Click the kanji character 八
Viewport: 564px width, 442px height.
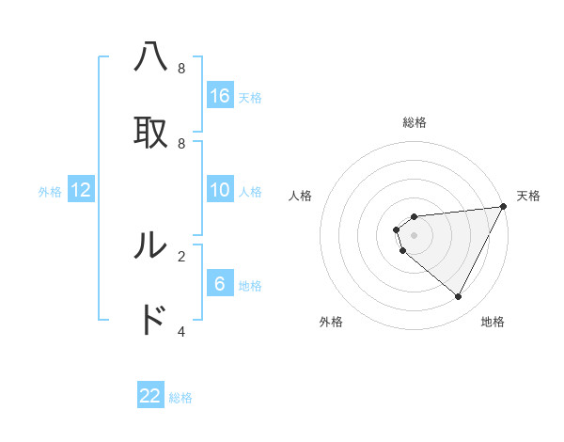tap(150, 58)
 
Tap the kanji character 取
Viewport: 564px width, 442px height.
tap(150, 133)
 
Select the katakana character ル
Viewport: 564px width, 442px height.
tap(150, 246)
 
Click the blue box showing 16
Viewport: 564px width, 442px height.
tap(220, 96)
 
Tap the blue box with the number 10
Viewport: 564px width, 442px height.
tap(220, 190)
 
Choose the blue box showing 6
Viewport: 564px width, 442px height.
tap(220, 284)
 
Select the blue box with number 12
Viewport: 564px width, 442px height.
tap(81, 190)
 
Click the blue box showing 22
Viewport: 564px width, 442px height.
tap(150, 396)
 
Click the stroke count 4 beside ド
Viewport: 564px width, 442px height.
tap(181, 331)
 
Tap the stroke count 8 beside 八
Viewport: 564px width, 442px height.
tap(181, 69)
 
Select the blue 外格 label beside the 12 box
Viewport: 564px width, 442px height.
tap(50, 192)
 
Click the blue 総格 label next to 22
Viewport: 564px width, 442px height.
tap(180, 398)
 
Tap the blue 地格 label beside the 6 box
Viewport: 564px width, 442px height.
tap(250, 286)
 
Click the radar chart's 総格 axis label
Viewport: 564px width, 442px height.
tap(415, 122)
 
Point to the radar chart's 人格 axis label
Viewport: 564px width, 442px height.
tap(301, 196)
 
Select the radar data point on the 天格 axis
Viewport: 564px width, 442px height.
tap(504, 207)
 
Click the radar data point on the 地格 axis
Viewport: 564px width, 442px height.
tap(458, 296)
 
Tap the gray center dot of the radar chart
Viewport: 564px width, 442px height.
tap(415, 235)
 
